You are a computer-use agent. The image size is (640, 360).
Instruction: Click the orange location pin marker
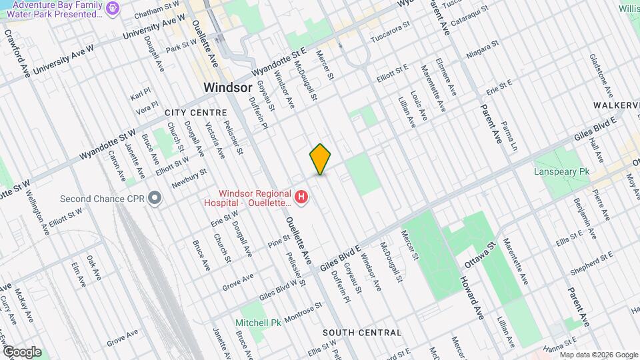point(321,159)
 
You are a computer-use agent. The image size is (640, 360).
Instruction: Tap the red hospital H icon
point(301,197)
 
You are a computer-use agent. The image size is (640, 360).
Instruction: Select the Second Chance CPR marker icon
point(155,198)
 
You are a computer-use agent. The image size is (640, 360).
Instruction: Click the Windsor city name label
point(227,87)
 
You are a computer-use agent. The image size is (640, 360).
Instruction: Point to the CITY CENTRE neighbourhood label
point(193,113)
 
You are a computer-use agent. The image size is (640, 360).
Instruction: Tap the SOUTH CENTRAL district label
point(362,332)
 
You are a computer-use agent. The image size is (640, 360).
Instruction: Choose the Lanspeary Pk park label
point(562,172)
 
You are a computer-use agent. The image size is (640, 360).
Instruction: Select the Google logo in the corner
point(22,351)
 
